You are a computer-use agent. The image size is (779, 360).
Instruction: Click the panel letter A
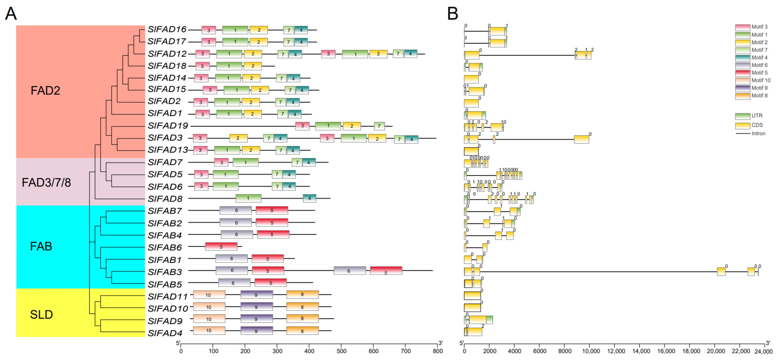11,14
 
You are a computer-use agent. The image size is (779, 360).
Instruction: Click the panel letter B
452,14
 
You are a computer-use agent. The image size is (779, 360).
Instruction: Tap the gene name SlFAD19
168,125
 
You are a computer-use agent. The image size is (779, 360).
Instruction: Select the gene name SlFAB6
164,247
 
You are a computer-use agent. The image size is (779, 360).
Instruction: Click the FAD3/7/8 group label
46,182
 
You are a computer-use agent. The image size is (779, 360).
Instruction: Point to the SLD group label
42,315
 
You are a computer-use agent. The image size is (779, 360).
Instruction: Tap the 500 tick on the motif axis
342,351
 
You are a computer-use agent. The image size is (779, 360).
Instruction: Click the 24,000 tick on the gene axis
763,351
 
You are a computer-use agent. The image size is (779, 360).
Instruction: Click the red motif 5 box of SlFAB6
221,247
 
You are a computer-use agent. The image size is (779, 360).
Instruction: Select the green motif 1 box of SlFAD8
248,198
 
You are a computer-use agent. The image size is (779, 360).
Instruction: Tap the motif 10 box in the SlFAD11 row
209,295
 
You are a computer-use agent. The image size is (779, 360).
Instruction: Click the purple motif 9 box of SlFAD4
257,331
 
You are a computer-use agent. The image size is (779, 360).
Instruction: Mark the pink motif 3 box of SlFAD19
302,125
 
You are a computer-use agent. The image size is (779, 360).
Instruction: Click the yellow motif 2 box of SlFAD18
253,66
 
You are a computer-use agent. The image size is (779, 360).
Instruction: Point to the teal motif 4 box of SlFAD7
309,162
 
